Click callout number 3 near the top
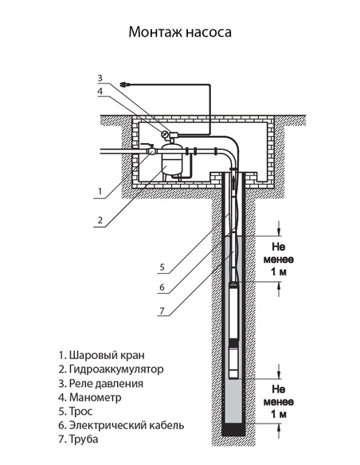tap(100, 78)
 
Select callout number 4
tap(100, 92)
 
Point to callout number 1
tap(100, 192)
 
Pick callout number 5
tap(161, 266)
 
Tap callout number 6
tap(161, 287)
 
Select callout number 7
tap(161, 310)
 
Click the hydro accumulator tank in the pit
tap(172, 162)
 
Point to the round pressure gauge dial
tap(167, 134)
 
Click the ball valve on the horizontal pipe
tap(151, 148)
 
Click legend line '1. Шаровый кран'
tap(102, 354)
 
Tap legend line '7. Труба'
tap(84, 440)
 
